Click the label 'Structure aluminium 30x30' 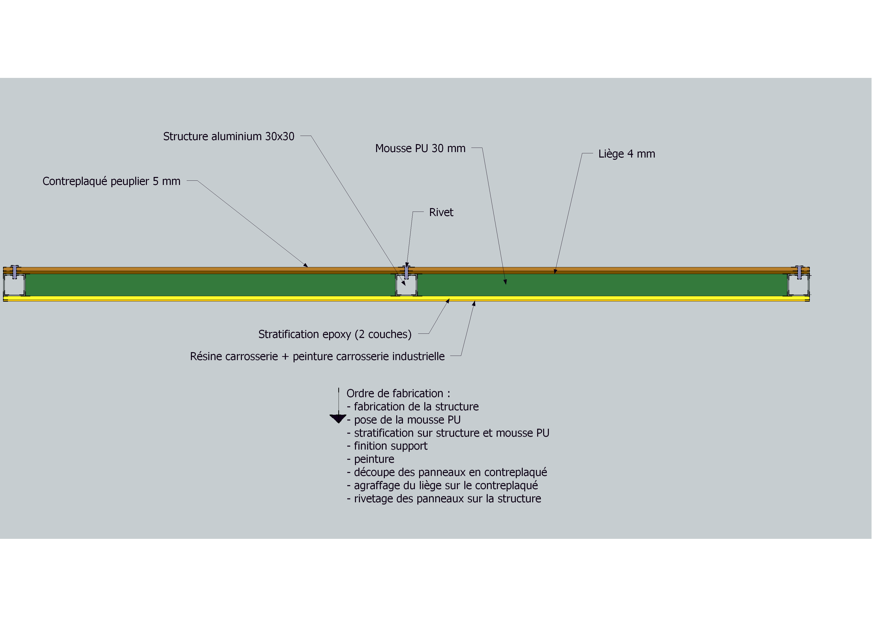click(229, 136)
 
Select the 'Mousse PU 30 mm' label click(420, 148)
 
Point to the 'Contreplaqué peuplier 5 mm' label click(111, 181)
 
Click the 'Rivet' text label click(441, 212)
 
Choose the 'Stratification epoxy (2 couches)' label click(335, 334)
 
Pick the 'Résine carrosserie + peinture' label click(317, 356)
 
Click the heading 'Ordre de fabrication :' click(398, 393)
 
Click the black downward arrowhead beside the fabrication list click(338, 419)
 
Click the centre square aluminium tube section click(406, 285)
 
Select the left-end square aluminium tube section click(14, 285)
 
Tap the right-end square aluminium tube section click(798, 285)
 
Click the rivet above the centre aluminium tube click(406, 272)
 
